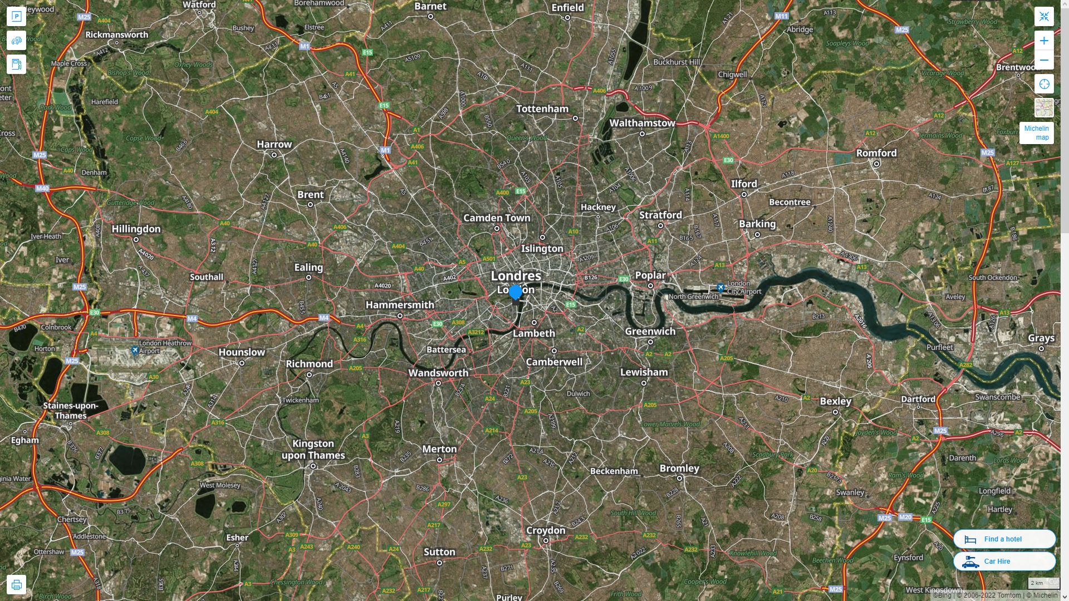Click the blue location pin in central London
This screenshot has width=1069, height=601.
click(x=516, y=292)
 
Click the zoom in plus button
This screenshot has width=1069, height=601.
click(x=1044, y=41)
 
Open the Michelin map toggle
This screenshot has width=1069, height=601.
click(x=1036, y=133)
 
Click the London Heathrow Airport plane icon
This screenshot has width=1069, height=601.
click(x=135, y=350)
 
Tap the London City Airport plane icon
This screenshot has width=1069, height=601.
click(x=720, y=288)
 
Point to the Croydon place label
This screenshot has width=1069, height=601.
click(x=546, y=530)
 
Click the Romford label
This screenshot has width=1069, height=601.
click(x=876, y=153)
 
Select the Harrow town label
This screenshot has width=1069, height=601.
click(x=274, y=144)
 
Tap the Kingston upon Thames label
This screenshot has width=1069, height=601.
click(x=313, y=450)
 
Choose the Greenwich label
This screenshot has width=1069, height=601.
click(x=650, y=331)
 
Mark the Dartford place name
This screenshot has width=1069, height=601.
click(x=918, y=399)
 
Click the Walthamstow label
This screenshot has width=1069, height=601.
click(x=642, y=123)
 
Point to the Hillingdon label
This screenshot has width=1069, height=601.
click(x=136, y=229)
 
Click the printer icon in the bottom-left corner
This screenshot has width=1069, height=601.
click(x=16, y=585)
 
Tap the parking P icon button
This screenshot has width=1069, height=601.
click(x=16, y=16)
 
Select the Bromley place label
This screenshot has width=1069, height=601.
click(x=679, y=468)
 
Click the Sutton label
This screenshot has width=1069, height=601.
click(x=439, y=551)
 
